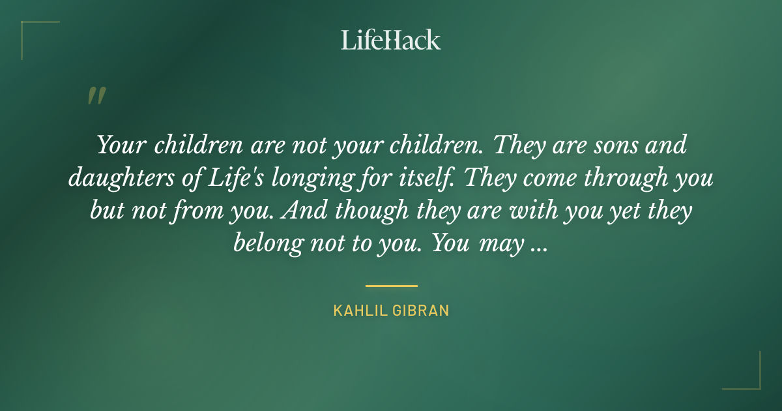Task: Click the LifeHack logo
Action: [391, 40]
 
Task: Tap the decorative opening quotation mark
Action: [96, 96]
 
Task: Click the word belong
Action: [268, 244]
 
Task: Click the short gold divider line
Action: [391, 286]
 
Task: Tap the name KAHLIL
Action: [360, 311]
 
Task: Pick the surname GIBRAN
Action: [421, 311]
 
